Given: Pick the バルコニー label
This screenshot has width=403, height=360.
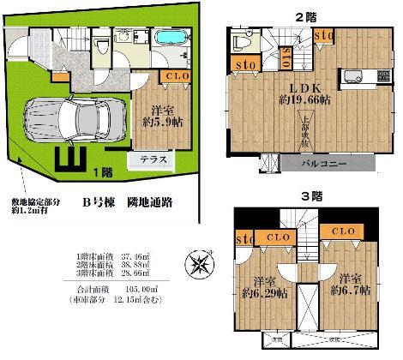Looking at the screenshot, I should [322, 162].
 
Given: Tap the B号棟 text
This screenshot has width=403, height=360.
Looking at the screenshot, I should [101, 201].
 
